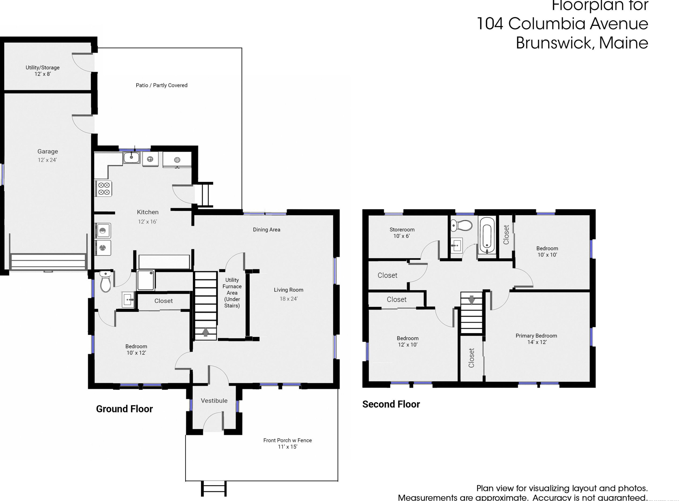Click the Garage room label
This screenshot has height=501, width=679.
coord(48,151)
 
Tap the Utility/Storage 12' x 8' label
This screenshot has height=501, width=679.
coord(42,70)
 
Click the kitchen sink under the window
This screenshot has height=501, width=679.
coord(131,158)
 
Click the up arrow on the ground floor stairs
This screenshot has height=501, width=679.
coord(205,332)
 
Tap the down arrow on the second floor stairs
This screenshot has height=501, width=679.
coord(472,300)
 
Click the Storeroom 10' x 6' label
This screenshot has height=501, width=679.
coord(402,233)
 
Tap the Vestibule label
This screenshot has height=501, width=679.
coord(214,401)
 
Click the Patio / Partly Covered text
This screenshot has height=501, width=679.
coord(161,85)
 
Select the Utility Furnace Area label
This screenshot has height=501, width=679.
coord(232,292)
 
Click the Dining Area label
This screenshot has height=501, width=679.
coord(266,229)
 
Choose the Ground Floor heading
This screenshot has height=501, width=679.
coord(124,409)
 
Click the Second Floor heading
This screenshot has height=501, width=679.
coord(391,404)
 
